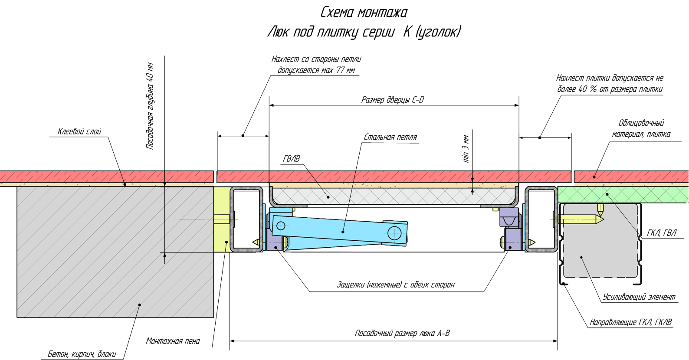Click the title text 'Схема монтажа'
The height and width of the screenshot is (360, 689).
pyautogui.click(x=364, y=13)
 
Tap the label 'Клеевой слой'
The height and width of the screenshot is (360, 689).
pyautogui.click(x=79, y=131)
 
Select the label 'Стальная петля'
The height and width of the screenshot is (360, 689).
pyautogui.click(x=390, y=137)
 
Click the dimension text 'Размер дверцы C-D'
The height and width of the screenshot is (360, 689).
pyautogui.click(x=393, y=100)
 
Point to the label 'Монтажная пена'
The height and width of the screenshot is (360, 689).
pyautogui.click(x=173, y=341)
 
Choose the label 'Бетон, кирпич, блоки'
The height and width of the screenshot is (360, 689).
pyautogui.click(x=82, y=354)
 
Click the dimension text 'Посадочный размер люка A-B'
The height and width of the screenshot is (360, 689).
pyautogui.click(x=402, y=333)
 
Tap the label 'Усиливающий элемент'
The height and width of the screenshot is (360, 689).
pyautogui.click(x=639, y=297)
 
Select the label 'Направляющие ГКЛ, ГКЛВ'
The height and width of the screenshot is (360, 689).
pyautogui.click(x=630, y=322)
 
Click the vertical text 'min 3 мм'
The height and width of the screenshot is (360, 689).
pyautogui.click(x=466, y=149)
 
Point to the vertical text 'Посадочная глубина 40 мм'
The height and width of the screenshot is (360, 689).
pyautogui.click(x=150, y=106)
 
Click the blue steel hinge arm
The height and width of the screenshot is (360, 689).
pyautogui.click(x=338, y=230)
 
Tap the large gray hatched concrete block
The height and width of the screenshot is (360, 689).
pyautogui.click(x=115, y=252)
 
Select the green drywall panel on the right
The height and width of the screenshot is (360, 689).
pyautogui.click(x=629, y=194)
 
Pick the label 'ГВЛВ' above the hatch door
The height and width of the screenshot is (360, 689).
pyautogui.click(x=291, y=159)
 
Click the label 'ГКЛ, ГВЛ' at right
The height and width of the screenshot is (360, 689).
pyautogui.click(x=661, y=233)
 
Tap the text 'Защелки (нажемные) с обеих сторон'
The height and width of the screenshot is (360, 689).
pyautogui.click(x=396, y=285)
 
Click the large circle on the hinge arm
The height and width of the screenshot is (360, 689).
pyautogui.click(x=394, y=233)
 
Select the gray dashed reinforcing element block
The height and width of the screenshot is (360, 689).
pyautogui.click(x=601, y=243)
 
